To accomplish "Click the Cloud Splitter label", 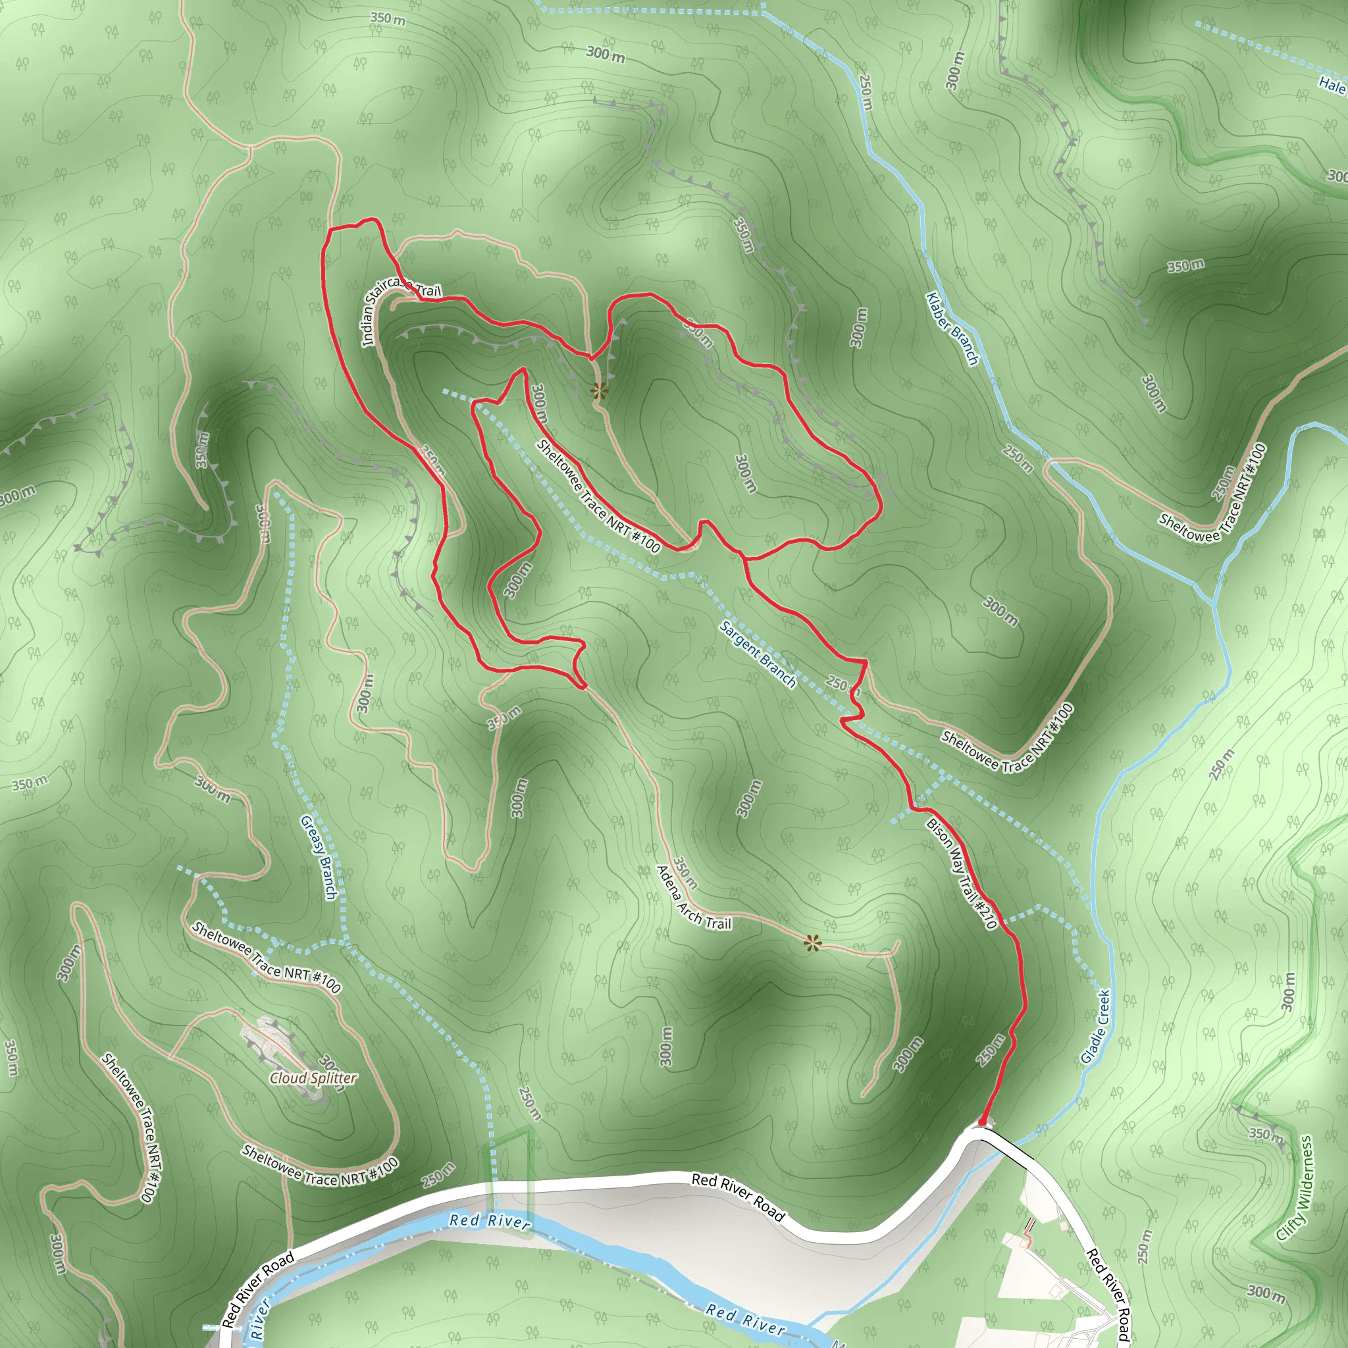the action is (313, 1078).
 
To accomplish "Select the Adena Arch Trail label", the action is (694, 899).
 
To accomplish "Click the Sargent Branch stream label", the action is (758, 654).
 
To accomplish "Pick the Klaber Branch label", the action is (952, 328).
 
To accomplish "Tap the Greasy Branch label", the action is (319, 858).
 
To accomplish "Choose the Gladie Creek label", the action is (1095, 1025).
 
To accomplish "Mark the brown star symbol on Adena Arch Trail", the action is (812, 944).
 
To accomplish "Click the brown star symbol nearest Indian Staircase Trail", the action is (598, 391).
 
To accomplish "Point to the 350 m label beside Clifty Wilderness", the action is (1266, 1135).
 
